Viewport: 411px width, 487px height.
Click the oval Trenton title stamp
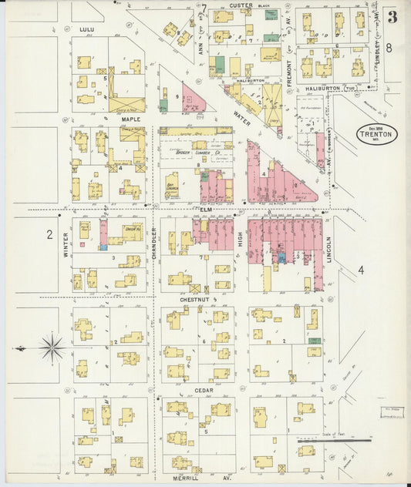pos(376,133)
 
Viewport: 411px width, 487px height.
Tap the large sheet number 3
pos(393,16)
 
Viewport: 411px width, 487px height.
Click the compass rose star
pos(52,348)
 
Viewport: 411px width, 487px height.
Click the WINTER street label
pos(66,246)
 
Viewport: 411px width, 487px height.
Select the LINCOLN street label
pos(328,249)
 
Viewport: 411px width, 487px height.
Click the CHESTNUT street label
pos(195,298)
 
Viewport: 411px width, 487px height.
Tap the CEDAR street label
pos(204,390)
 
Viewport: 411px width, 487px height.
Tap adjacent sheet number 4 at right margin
pos(360,269)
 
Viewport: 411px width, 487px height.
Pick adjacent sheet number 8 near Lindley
pos(389,48)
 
